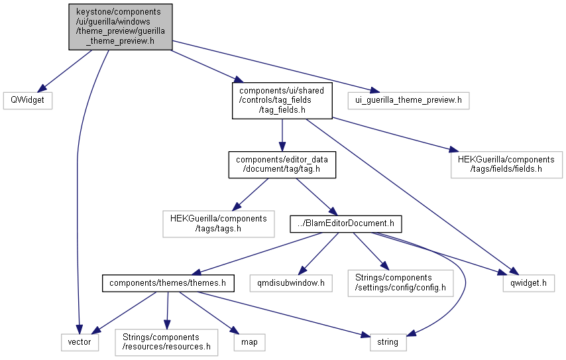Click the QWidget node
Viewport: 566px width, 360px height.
pos(28,100)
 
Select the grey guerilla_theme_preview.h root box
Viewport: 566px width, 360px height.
pos(121,27)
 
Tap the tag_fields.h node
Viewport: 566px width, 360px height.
pos(282,101)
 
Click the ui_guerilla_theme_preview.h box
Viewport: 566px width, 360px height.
pos(409,100)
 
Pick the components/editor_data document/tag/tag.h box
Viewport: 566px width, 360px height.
pos(282,164)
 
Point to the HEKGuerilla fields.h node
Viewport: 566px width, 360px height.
pos(506,164)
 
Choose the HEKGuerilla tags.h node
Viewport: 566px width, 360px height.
pos(219,224)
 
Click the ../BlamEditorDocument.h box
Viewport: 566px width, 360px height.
pos(346,224)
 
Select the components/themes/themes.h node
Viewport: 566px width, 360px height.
pos(168,283)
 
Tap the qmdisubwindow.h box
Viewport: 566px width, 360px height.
pos(291,283)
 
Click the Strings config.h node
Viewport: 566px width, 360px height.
pos(400,283)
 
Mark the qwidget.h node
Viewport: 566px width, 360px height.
pos(528,283)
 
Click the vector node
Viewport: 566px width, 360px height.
pos(80,342)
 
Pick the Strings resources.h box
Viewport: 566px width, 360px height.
pos(166,342)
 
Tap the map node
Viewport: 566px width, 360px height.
pos(249,342)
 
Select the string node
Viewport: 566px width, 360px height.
pos(388,342)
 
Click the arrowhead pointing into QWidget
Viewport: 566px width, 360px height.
pos(42,88)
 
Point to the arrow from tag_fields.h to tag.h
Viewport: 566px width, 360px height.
pos(282,135)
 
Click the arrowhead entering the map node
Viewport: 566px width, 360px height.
pos(235,331)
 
